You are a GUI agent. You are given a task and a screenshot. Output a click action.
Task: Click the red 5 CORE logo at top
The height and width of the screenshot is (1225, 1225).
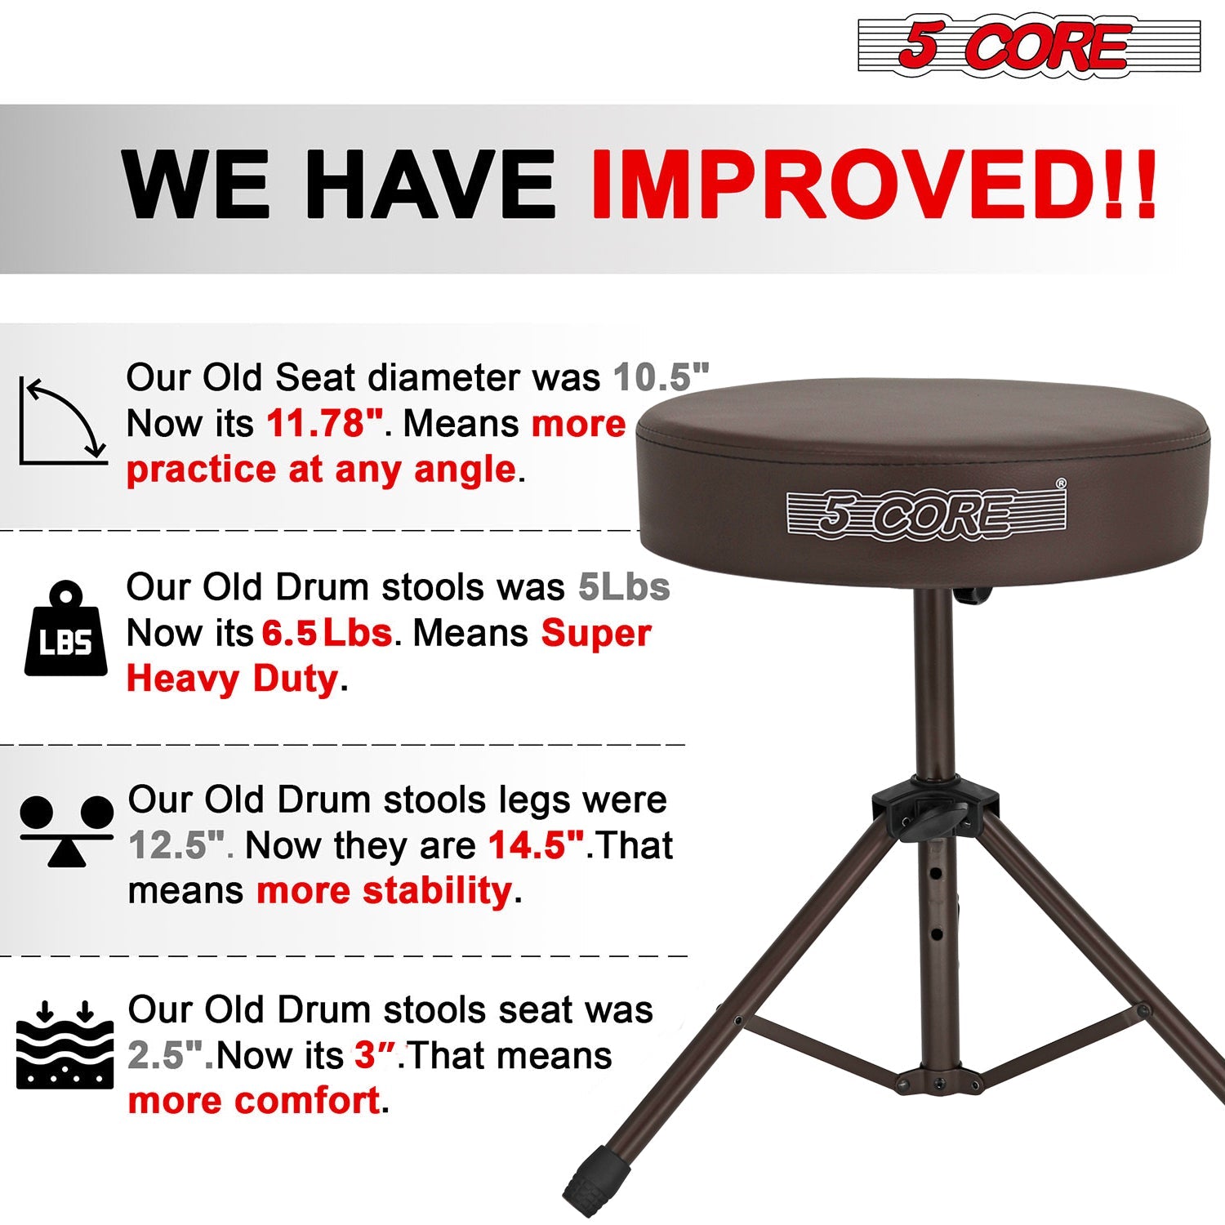tap(1029, 46)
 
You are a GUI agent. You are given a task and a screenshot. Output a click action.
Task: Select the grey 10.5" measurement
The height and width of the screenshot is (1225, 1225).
tap(661, 377)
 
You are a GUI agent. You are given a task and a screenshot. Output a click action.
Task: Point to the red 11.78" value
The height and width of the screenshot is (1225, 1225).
tap(325, 423)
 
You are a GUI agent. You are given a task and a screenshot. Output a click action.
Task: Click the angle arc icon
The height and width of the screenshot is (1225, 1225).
tap(64, 421)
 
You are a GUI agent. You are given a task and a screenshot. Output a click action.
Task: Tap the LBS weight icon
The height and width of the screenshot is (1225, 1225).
tap(65, 629)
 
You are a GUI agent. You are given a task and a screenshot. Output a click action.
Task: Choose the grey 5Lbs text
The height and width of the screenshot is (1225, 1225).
tap(624, 587)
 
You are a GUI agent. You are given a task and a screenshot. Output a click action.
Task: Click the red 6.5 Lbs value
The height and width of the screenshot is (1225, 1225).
tap(327, 633)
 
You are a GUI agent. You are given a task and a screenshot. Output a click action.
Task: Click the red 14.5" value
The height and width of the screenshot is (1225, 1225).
tap(537, 845)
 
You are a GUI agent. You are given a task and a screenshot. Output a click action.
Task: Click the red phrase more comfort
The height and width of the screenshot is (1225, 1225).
tap(254, 1101)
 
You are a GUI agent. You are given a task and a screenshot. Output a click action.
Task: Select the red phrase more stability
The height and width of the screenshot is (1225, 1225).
tap(385, 890)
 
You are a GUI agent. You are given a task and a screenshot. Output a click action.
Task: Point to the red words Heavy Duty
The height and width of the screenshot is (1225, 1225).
tap(232, 679)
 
